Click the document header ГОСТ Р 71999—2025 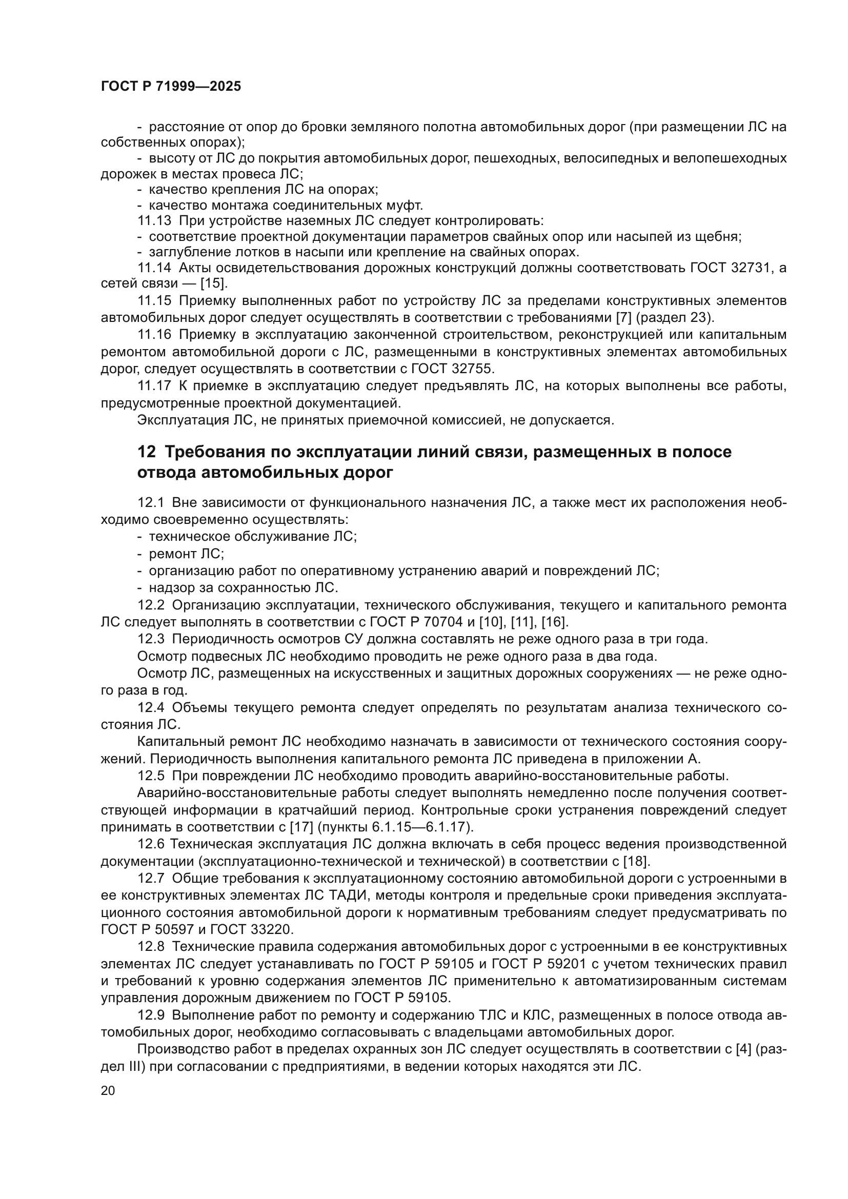[171, 87]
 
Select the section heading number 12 [146, 452]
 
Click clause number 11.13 [154, 221]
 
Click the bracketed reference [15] [214, 284]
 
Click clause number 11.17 [154, 386]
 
